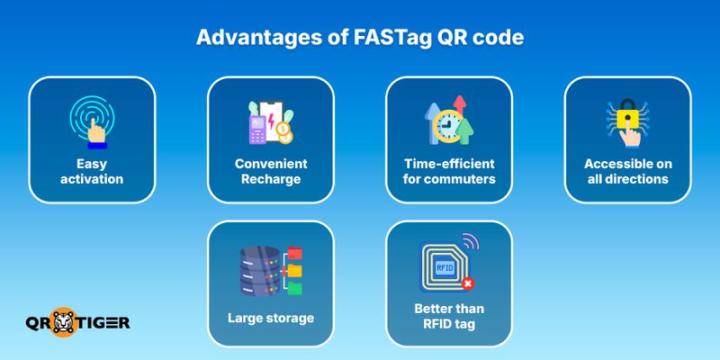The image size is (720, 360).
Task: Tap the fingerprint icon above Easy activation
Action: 93,121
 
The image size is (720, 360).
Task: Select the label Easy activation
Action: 93,172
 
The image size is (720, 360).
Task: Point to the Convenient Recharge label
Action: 271,172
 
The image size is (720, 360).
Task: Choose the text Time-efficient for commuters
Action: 449,172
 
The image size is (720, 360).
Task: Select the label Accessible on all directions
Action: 627,172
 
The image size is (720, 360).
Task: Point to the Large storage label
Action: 271,317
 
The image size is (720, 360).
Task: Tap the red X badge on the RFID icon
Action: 467,284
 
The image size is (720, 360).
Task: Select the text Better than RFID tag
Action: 449,318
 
